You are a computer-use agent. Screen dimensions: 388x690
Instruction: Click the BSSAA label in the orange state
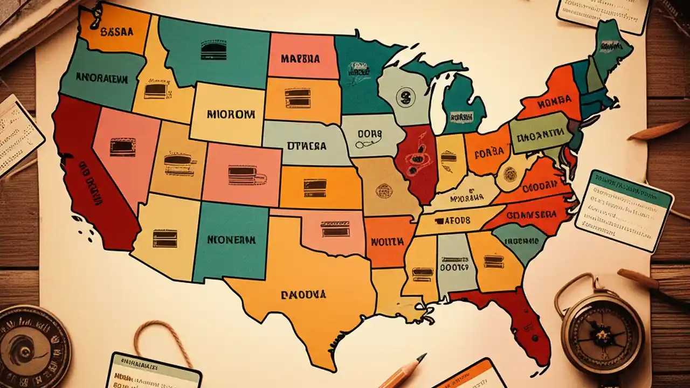(116, 31)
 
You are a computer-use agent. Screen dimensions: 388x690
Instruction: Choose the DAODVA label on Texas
(303, 295)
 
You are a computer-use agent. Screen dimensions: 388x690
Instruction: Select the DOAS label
(369, 133)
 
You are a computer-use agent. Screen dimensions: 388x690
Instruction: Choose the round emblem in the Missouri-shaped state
(384, 191)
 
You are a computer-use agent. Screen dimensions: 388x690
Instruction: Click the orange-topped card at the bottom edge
(472, 375)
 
